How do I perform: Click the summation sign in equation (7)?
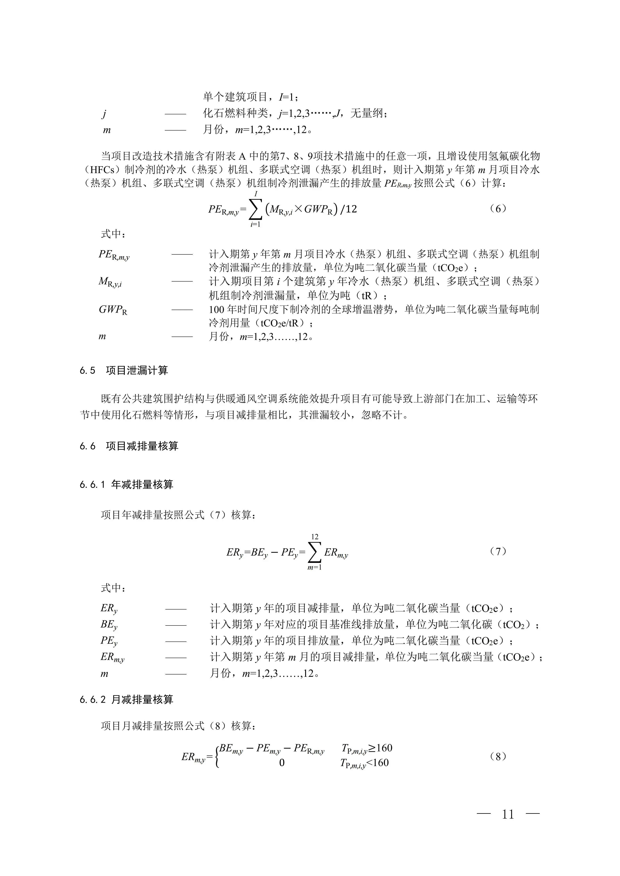pos(315,553)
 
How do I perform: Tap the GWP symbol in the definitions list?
pos(113,309)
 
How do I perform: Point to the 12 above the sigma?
pos(315,537)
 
